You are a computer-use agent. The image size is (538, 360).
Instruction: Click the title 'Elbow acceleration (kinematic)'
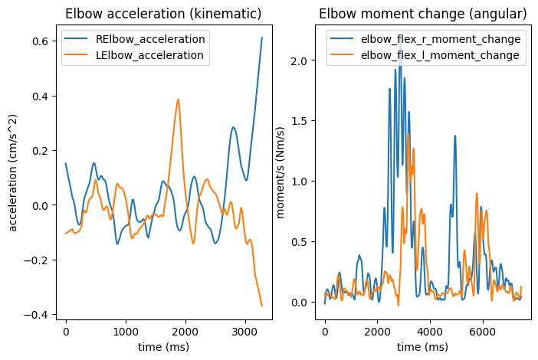click(x=163, y=14)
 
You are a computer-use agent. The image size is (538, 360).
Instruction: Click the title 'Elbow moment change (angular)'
click(x=422, y=14)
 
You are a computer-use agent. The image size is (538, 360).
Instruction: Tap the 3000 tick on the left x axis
click(x=245, y=334)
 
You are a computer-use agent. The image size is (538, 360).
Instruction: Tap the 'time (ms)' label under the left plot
click(x=163, y=348)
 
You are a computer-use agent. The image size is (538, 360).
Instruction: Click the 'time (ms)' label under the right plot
click(x=422, y=348)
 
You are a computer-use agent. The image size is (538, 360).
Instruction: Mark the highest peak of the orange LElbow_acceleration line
click(x=178, y=100)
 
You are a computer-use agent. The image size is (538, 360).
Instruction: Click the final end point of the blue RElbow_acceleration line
click(x=261, y=38)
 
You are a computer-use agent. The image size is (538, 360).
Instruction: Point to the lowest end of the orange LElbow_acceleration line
click(x=261, y=306)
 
